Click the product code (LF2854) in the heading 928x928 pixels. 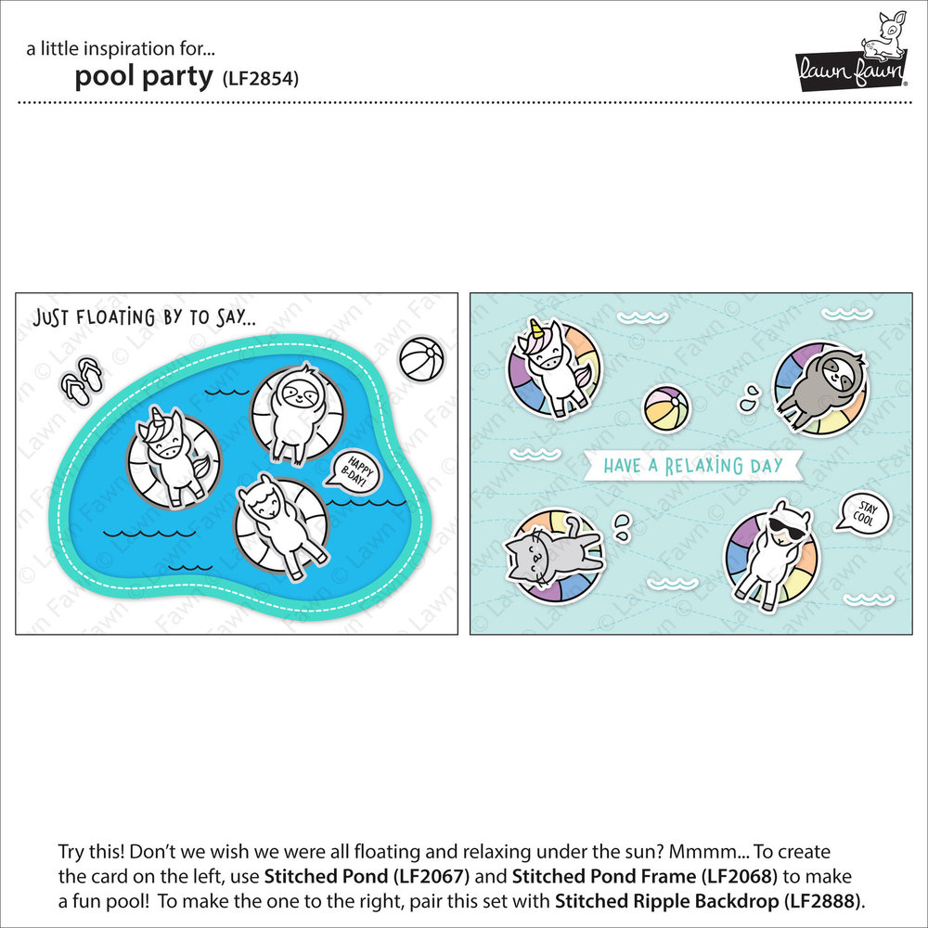pos(260,78)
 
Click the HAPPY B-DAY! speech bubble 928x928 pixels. pos(353,469)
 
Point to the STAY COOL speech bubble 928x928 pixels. pos(862,511)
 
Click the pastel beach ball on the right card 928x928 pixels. pos(667,407)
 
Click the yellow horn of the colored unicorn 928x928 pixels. pos(536,329)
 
